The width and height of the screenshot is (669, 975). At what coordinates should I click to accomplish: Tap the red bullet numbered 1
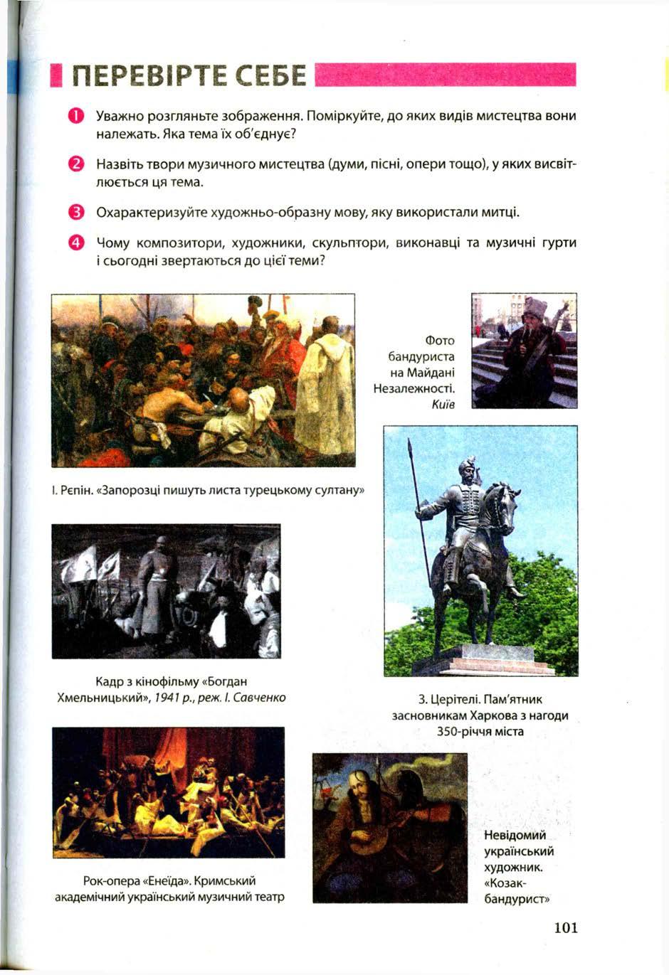(x=76, y=116)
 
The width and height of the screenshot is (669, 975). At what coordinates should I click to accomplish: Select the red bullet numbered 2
(x=76, y=165)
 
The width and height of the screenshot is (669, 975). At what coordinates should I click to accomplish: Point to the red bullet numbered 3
(x=76, y=213)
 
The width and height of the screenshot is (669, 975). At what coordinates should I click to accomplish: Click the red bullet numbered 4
(x=76, y=243)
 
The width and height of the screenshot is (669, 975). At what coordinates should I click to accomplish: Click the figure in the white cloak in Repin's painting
(x=327, y=377)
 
